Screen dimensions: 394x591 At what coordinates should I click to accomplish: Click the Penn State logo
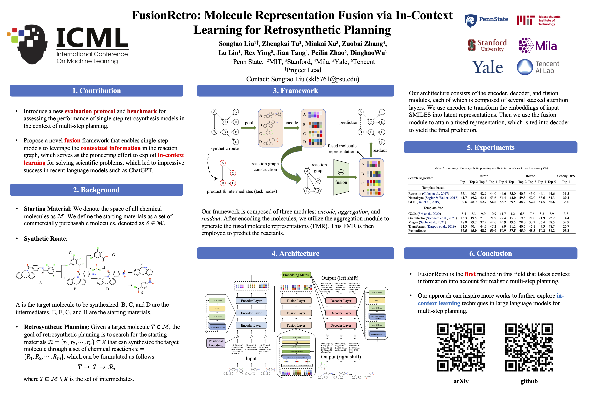(x=486, y=20)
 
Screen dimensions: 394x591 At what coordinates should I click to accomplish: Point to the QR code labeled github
(x=529, y=347)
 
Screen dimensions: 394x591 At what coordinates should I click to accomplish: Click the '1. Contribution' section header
(x=96, y=91)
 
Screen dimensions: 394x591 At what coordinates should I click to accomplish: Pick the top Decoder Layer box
(x=341, y=301)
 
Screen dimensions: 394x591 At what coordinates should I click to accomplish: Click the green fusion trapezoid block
(x=341, y=177)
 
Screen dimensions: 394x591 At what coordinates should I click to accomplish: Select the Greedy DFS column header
(x=566, y=176)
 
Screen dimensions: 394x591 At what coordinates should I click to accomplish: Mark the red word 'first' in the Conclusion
(x=470, y=274)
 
